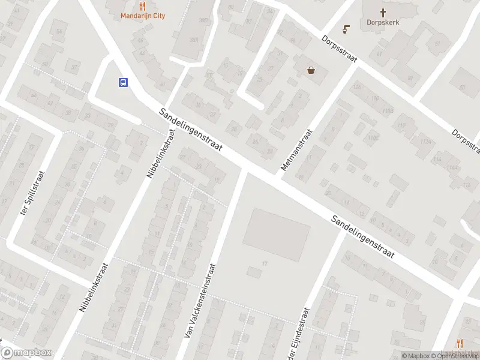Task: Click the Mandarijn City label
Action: (x=143, y=16)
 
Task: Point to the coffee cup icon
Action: (x=346, y=28)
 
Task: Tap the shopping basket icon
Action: (x=311, y=70)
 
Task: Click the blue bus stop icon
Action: (x=123, y=83)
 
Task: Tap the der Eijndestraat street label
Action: (x=301, y=334)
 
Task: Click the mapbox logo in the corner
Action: (x=26, y=353)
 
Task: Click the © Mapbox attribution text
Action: (x=415, y=356)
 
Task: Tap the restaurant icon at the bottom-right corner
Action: (x=460, y=343)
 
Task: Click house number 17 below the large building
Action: (x=264, y=263)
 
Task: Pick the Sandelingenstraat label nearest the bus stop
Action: (x=191, y=130)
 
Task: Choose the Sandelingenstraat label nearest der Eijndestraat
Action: (x=363, y=237)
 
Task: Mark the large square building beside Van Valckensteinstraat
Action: (x=277, y=235)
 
